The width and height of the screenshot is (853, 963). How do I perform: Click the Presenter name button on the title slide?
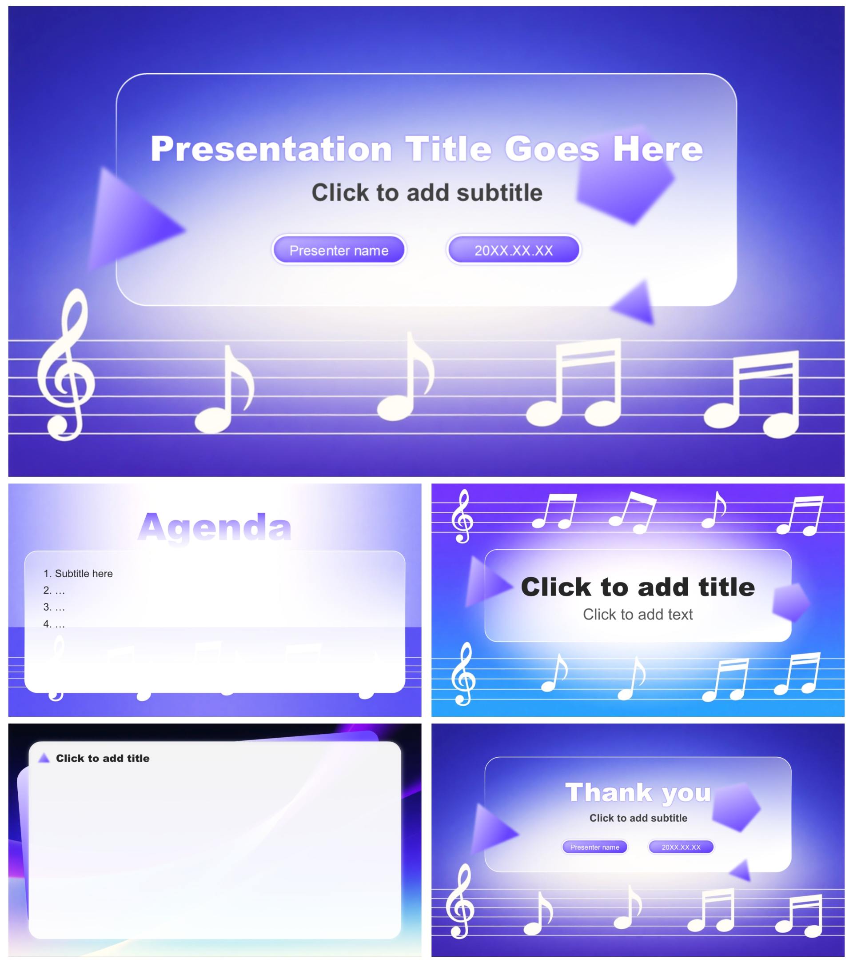[339, 250]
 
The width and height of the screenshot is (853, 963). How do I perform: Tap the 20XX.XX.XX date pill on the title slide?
[514, 250]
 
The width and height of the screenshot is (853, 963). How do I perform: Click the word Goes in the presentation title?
[552, 149]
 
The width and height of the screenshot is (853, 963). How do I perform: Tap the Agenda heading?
[215, 527]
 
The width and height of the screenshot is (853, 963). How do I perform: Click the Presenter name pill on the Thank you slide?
[594, 847]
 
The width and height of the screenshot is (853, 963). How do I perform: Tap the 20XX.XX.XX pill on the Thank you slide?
[681, 847]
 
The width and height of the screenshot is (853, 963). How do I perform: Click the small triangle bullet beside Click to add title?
[44, 758]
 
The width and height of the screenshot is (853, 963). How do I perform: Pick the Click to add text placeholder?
[638, 614]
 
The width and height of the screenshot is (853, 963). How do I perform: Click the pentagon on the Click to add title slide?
[791, 602]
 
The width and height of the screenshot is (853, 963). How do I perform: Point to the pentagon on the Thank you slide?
[736, 807]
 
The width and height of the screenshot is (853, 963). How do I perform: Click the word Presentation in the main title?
[271, 149]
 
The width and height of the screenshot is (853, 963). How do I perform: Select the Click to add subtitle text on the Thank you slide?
[638, 818]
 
